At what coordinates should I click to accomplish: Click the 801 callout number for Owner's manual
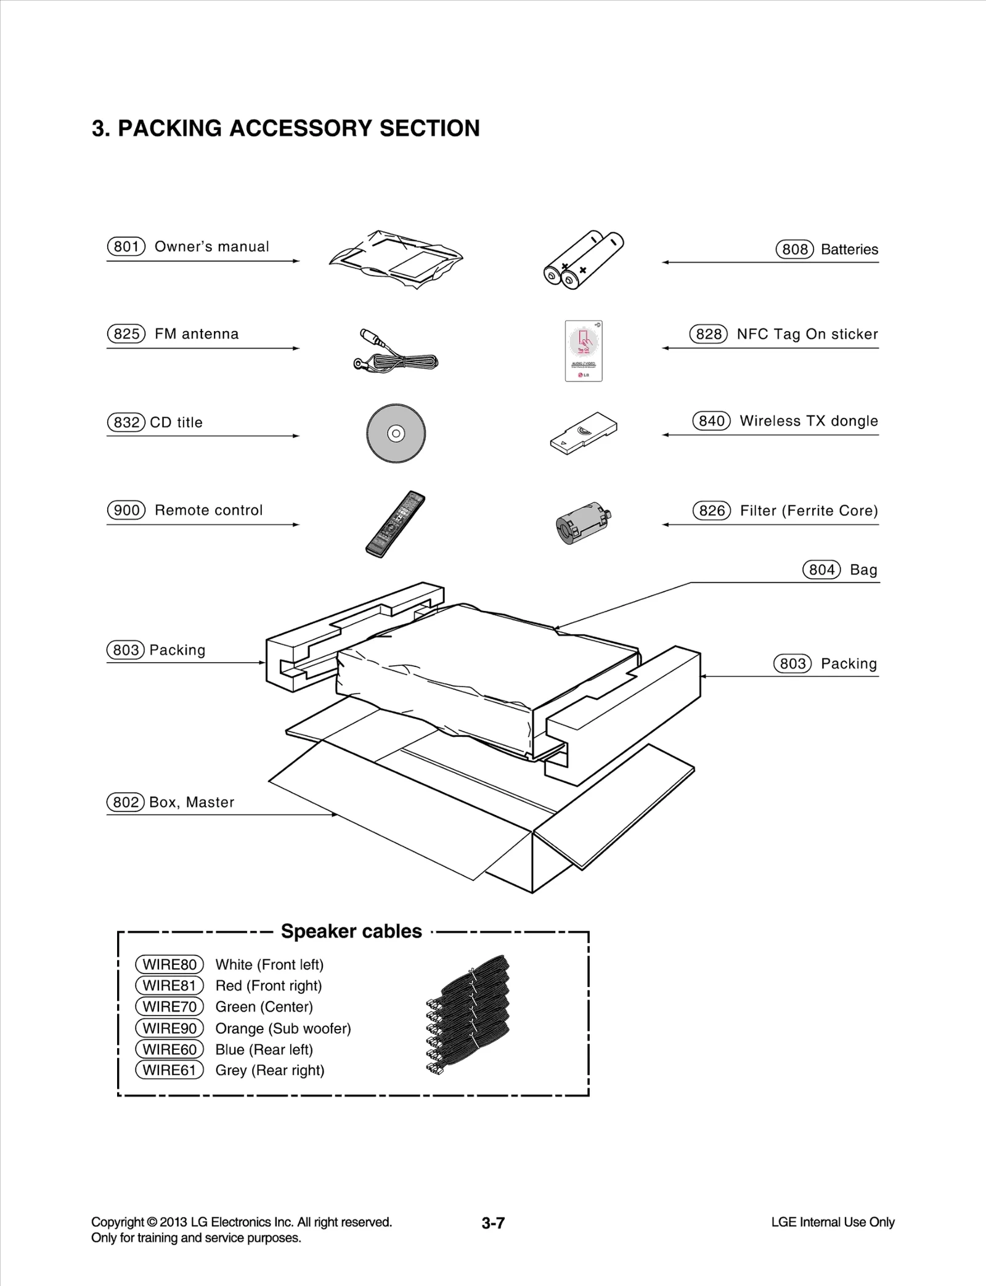126,247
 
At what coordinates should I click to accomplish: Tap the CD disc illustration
396,433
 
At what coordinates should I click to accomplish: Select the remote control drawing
395,525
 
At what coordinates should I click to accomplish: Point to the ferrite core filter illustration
582,522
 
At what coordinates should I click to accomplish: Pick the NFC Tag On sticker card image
584,351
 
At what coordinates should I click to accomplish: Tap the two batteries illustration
583,260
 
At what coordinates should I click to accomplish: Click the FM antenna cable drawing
397,352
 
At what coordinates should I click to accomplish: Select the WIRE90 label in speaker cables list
169,1028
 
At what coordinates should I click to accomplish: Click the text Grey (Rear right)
269,1070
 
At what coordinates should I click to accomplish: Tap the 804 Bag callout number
821,570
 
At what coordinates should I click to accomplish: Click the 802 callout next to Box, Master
126,802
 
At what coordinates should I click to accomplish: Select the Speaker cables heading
351,931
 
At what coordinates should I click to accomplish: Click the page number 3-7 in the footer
493,1223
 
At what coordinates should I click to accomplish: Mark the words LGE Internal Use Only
833,1222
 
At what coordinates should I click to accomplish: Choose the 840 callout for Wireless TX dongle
711,421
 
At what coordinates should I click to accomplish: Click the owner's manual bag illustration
396,259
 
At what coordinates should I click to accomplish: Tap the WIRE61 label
169,1070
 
